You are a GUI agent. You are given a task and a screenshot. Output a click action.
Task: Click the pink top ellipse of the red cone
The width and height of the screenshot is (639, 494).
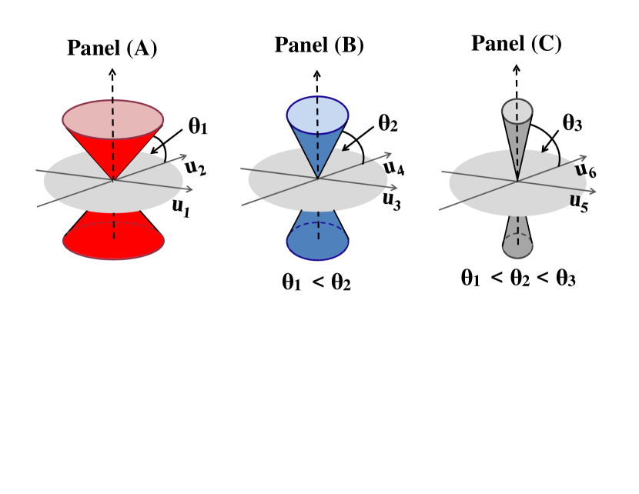coord(113,120)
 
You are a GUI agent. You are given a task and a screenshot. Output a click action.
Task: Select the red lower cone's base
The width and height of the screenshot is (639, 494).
coord(113,242)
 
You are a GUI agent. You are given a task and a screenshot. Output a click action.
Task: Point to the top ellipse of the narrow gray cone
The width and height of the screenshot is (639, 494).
coord(517,111)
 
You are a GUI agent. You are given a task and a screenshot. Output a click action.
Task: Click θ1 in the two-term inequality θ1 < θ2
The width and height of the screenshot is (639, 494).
coord(291,282)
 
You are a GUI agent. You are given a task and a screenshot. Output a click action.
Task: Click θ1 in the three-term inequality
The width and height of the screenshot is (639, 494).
coord(470,277)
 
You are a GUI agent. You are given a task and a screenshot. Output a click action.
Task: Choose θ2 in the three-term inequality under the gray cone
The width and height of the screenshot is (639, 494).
coord(520,277)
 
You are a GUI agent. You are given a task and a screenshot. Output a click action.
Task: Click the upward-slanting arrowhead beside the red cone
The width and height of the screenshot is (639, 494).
coord(183,156)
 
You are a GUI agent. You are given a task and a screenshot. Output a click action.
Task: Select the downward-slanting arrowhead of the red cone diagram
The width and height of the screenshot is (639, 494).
coord(189,189)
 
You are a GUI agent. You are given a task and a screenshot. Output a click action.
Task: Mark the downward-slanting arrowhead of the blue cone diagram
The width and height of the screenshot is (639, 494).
coord(395,188)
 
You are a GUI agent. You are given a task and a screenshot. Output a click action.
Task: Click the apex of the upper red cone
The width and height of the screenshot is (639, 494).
coord(113,179)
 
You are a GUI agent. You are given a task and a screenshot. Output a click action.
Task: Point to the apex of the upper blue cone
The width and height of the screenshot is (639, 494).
coord(317,179)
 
